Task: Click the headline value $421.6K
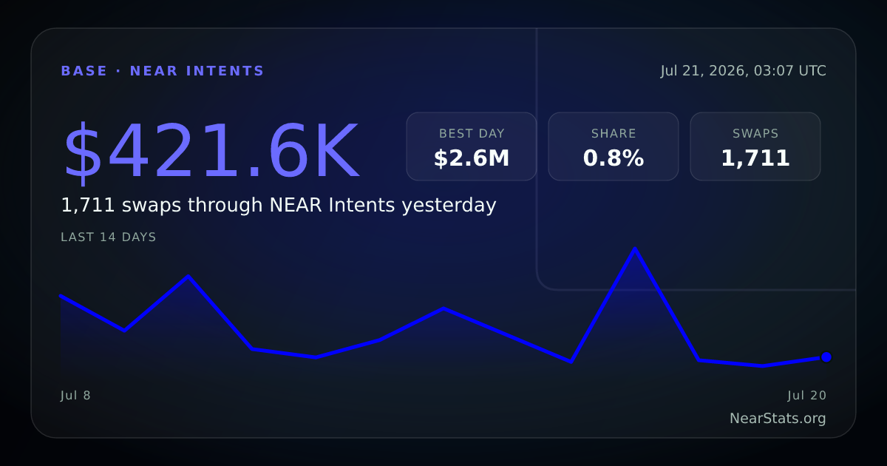tap(212, 152)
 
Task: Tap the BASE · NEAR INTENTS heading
tap(163, 71)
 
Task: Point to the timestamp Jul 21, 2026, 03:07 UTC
tap(743, 71)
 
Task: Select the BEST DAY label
tap(472, 134)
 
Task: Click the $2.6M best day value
tap(472, 158)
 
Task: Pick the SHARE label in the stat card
tap(614, 134)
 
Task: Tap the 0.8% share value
tap(614, 158)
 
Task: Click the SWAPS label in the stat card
tap(755, 134)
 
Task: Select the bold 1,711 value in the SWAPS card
tap(755, 158)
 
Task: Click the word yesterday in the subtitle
tap(449, 206)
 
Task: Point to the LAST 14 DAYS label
tap(108, 237)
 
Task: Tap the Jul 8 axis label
tap(75, 396)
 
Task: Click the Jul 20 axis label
tap(807, 396)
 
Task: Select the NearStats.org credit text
tap(778, 419)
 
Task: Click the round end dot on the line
tap(826, 357)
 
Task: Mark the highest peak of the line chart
tap(635, 249)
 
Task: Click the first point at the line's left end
tap(61, 296)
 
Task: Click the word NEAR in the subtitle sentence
tap(296, 206)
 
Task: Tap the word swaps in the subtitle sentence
tap(152, 206)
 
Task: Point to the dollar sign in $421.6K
tap(83, 152)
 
